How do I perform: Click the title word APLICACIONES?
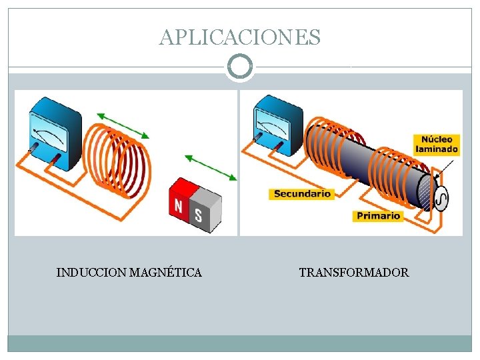click(x=240, y=37)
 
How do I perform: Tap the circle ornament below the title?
click(x=240, y=67)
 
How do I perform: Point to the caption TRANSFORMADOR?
click(x=354, y=273)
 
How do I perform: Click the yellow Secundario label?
click(x=302, y=194)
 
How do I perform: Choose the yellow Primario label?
click(x=378, y=215)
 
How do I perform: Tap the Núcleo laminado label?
click(x=437, y=145)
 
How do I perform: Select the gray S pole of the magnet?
click(x=200, y=212)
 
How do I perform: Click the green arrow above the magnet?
click(x=210, y=167)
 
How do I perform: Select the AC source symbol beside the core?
click(x=441, y=197)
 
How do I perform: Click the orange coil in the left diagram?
click(x=120, y=163)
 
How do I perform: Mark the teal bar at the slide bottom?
click(x=240, y=343)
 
